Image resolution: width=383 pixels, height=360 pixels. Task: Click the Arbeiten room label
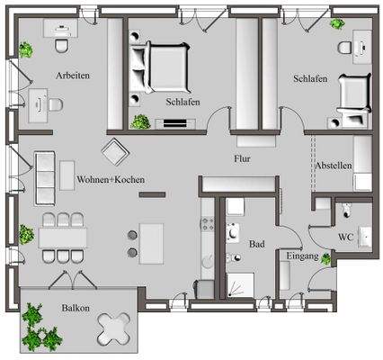coord(72,76)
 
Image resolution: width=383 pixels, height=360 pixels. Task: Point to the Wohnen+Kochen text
coord(111,179)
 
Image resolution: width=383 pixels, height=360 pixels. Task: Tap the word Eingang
coord(300,256)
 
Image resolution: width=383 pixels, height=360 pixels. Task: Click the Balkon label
coord(76,308)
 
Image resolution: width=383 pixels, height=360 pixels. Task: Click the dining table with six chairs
coord(62,237)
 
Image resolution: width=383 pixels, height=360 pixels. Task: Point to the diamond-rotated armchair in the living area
coord(115,150)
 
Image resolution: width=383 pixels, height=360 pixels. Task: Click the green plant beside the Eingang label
coord(325,257)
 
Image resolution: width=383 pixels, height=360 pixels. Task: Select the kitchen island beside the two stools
coord(153,241)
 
